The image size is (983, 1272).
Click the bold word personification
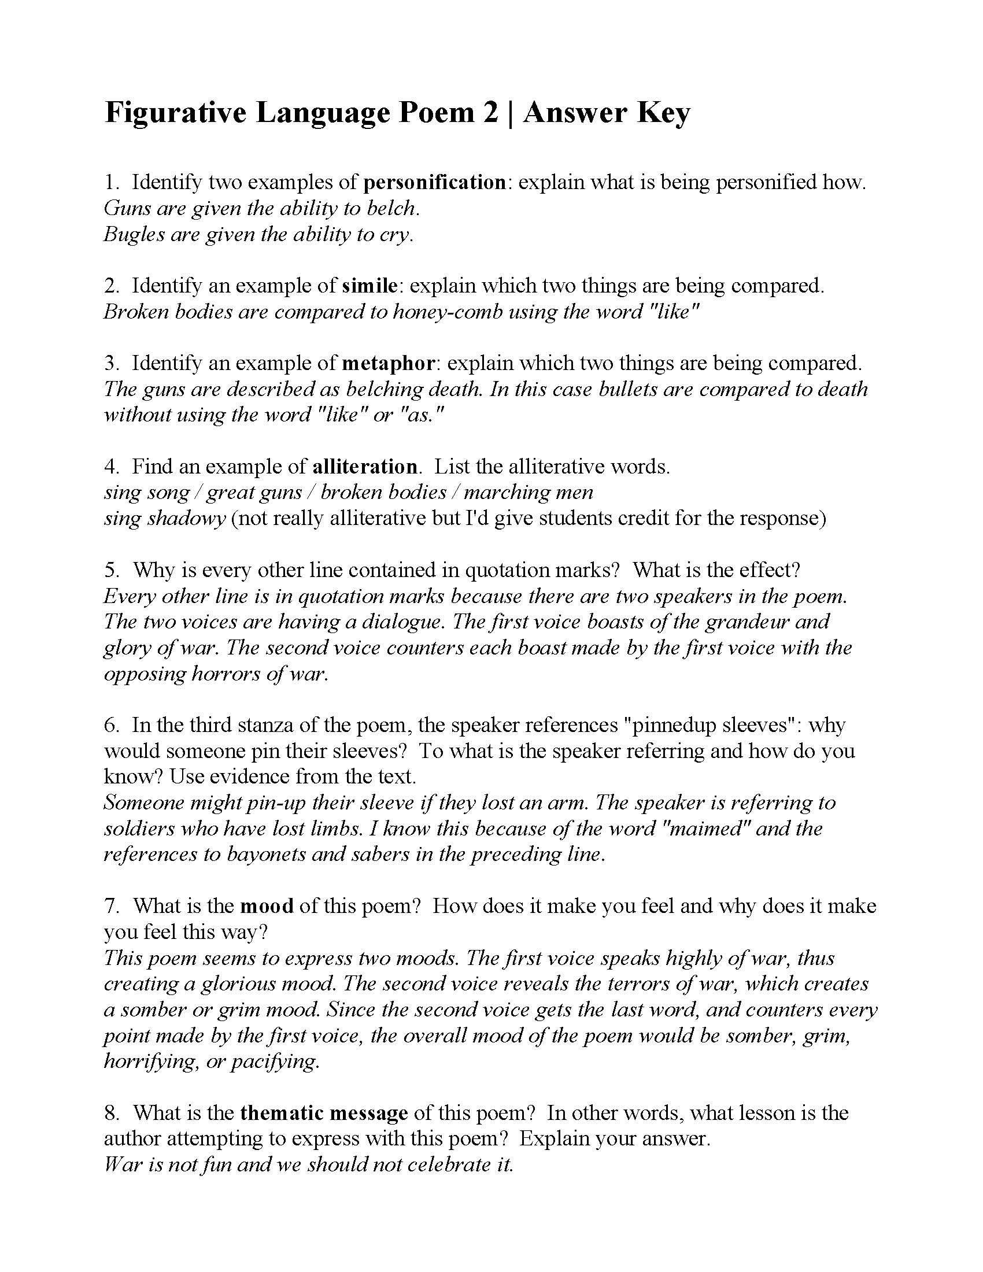(434, 182)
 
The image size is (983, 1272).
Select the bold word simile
(370, 286)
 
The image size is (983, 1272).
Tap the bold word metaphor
(388, 363)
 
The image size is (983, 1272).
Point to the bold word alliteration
(364, 467)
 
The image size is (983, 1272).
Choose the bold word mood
(267, 905)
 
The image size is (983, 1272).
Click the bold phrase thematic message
(324, 1112)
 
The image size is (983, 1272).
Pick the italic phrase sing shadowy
(164, 519)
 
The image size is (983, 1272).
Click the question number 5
(110, 570)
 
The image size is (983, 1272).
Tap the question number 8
(110, 1112)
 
